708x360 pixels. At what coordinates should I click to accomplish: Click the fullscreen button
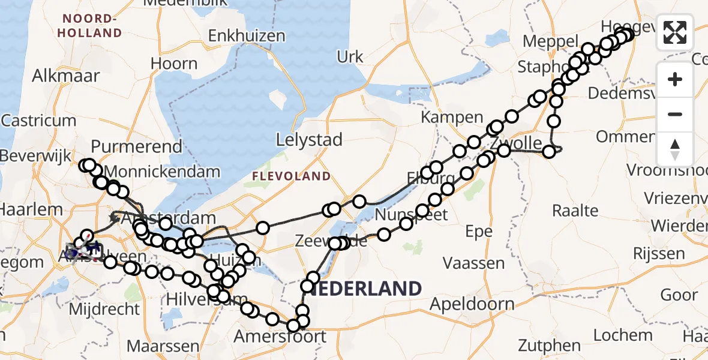tap(675, 32)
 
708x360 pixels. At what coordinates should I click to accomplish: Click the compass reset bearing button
tap(675, 149)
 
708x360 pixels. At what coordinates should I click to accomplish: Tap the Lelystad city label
tap(309, 140)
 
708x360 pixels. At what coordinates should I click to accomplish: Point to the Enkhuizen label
tap(247, 36)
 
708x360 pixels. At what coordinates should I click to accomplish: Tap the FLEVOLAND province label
tap(291, 176)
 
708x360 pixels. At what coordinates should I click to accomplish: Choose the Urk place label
tap(350, 57)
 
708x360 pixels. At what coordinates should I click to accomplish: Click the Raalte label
tap(575, 210)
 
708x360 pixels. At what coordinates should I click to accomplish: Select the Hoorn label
tap(174, 64)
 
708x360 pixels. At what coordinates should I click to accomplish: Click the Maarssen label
tap(163, 346)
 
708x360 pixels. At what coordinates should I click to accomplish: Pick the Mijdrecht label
tap(104, 310)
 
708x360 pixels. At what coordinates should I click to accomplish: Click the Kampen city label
tap(461, 117)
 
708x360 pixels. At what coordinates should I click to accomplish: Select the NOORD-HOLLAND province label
tap(90, 25)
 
